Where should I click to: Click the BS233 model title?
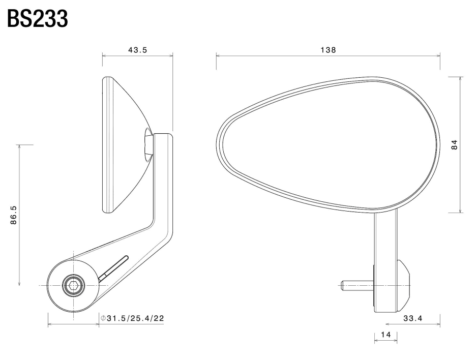(37, 19)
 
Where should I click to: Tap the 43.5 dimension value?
(137, 50)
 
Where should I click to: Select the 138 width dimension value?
(328, 50)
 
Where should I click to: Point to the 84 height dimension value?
(454, 144)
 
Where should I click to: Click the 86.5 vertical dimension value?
(14, 215)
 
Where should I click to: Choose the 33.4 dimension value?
(412, 318)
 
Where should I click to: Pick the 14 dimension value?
(385, 335)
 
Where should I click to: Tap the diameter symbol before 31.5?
(103, 318)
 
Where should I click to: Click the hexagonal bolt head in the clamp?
(73, 285)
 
